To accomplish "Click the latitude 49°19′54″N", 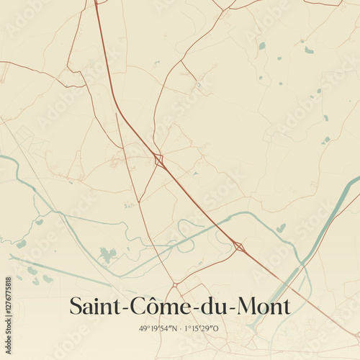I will tap(158, 328).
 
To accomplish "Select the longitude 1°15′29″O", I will tap(204, 328).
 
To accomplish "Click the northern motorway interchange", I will tap(158, 161).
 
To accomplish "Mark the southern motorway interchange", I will tap(239, 247).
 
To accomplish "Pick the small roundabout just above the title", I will tap(175, 284).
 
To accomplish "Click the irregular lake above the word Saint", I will tap(107, 254).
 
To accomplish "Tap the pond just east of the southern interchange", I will tap(281, 228).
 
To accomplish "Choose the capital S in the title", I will tap(76, 306).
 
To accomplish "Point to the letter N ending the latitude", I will tap(174, 328).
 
